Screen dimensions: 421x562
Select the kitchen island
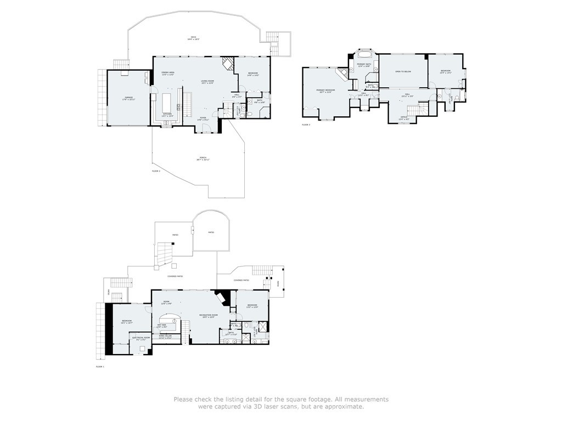pyautogui.click(x=167, y=102)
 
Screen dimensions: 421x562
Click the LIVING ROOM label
pyautogui.click(x=207, y=82)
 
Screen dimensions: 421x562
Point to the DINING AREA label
pyautogui.click(x=168, y=73)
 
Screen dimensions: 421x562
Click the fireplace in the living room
pyautogui.click(x=227, y=64)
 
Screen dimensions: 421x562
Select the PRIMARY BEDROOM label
pyautogui.click(x=325, y=90)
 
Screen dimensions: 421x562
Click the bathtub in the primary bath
pyautogui.click(x=364, y=54)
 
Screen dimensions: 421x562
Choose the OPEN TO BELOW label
pyautogui.click(x=403, y=71)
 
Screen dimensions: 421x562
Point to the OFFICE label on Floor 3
pyautogui.click(x=403, y=117)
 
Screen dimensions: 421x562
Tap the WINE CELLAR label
pyautogui.click(x=165, y=337)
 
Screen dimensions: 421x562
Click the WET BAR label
pyautogui.click(x=162, y=326)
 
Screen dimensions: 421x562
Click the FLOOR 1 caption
pyautogui.click(x=100, y=366)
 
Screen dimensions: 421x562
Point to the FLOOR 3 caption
pyautogui.click(x=306, y=125)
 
